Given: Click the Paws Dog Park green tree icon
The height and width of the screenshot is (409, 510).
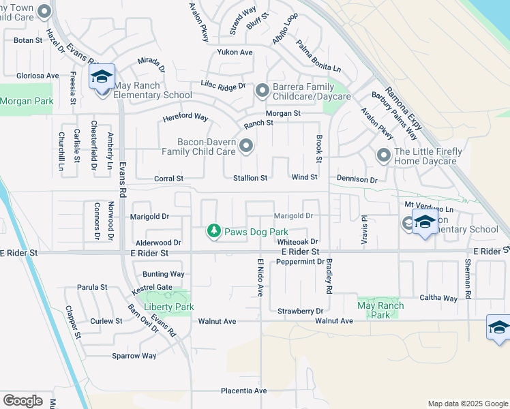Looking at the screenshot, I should point(214,232).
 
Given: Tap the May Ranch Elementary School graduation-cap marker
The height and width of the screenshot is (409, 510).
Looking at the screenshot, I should point(102,77).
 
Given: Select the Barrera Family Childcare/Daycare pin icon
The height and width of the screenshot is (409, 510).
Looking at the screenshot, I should point(262,91).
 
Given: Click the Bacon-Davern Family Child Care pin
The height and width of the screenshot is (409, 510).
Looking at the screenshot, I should point(245,145).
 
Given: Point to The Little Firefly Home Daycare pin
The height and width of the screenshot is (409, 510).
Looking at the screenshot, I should point(384,156).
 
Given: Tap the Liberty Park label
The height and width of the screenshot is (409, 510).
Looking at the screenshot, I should point(169,307).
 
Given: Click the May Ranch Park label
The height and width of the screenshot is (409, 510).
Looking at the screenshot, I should point(380,310).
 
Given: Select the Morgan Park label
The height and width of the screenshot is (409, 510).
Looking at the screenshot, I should point(26,101).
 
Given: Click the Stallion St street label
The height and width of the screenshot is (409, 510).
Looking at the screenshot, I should point(247,178).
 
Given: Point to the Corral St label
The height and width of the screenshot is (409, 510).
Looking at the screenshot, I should point(170,178).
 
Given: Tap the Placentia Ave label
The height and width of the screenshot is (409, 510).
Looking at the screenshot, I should point(243,391).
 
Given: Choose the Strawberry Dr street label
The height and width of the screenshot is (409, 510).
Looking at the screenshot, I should point(300,312).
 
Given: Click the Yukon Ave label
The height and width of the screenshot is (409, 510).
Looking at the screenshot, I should point(235,52).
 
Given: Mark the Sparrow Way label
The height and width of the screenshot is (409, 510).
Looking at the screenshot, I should point(134,356).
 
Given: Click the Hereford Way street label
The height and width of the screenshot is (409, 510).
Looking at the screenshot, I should point(185,117).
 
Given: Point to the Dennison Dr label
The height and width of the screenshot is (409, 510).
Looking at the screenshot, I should point(357,179).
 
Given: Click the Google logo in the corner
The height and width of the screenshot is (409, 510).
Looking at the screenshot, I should point(22,401).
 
